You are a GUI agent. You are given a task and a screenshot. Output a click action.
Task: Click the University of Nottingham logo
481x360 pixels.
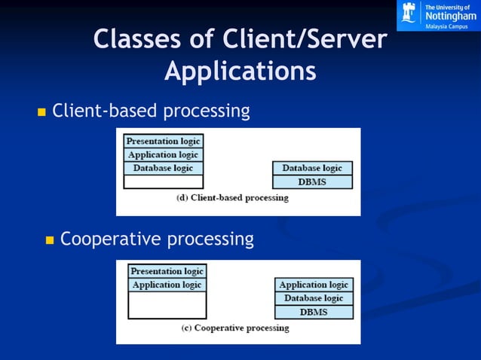tap(438, 15)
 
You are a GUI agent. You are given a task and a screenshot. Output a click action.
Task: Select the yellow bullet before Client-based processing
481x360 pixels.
tap(41, 113)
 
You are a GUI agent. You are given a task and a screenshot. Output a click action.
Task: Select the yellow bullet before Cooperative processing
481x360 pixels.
tap(51, 241)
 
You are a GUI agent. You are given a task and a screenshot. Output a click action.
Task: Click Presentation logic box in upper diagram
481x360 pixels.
tap(163, 141)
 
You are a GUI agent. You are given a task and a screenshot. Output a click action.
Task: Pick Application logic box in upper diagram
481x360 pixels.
tap(163, 154)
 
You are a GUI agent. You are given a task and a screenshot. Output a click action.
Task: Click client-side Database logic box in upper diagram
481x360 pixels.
tap(163, 168)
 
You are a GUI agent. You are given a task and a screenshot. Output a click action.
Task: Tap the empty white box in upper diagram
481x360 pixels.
tap(163, 182)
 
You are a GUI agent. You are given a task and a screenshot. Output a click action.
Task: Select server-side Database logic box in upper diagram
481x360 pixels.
tap(312, 168)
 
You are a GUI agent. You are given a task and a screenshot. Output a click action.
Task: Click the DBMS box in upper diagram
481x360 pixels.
tap(312, 182)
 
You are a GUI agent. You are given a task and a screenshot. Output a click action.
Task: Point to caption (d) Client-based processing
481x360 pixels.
tap(232, 198)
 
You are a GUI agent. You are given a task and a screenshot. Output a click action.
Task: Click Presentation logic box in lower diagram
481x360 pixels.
tap(167, 271)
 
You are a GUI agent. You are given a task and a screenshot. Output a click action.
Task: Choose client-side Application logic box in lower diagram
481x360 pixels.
tap(167, 285)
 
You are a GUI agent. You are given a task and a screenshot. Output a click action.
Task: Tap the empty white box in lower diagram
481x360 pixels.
tap(167, 305)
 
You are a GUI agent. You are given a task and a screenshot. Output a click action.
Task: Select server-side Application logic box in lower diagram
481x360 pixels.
tap(314, 285)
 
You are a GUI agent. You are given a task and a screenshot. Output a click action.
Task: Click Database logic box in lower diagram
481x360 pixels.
tap(314, 298)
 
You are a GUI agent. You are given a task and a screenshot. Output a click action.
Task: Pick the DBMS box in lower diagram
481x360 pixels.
tap(314, 312)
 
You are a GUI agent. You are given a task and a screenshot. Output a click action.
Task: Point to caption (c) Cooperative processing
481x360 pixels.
tap(235, 328)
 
